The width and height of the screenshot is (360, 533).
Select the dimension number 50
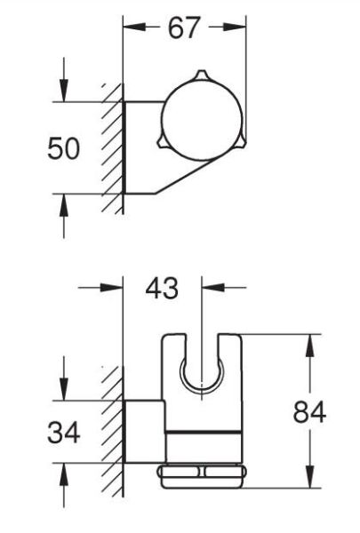coord(65,148)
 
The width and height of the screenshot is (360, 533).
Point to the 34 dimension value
coord(64,434)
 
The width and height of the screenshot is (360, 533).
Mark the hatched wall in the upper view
coord(111,147)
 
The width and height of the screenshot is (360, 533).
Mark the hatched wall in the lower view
coord(111,426)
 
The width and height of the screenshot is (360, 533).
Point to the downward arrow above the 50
coord(63,91)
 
